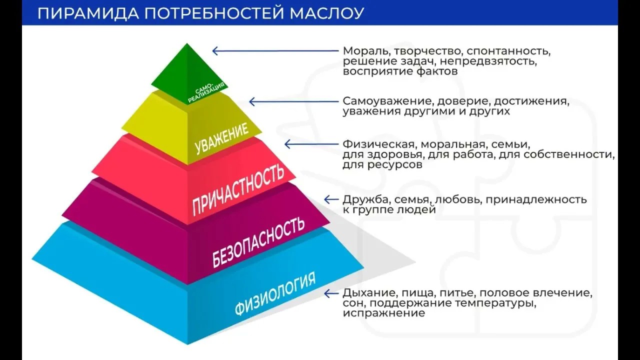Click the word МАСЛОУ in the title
[327, 13]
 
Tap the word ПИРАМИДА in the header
[88, 13]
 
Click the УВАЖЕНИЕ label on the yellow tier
[221, 138]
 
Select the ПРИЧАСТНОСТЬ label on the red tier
[238, 189]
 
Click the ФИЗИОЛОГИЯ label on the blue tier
[275, 293]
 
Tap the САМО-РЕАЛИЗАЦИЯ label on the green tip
[206, 92]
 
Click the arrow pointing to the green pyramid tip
[275, 51]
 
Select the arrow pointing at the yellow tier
[294, 101]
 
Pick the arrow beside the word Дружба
[331, 199]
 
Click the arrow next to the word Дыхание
[331, 293]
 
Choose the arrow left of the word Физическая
[311, 144]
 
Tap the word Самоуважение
[387, 101]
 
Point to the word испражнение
[384, 313]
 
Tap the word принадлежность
[536, 200]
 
